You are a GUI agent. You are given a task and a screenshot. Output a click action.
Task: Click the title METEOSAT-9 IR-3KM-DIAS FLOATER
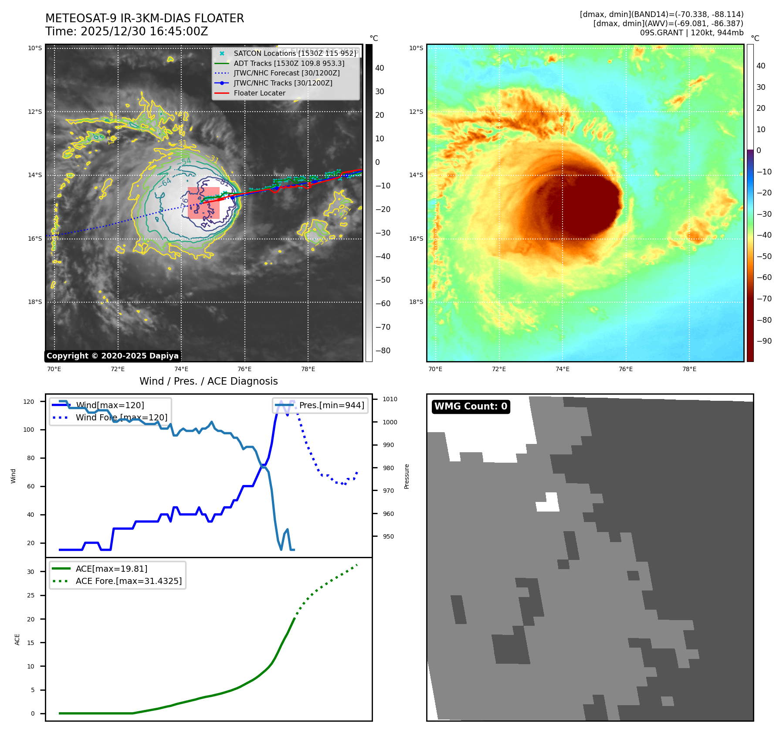[145, 18]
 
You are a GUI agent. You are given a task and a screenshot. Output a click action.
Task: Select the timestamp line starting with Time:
[127, 31]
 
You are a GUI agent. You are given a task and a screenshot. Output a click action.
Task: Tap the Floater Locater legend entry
[259, 93]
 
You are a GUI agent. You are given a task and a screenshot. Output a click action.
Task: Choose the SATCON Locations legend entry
[295, 53]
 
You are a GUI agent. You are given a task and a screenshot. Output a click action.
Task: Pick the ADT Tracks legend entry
[289, 63]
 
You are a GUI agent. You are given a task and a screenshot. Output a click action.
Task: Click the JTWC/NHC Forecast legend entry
[286, 73]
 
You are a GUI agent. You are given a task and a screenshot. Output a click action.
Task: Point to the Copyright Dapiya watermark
[112, 356]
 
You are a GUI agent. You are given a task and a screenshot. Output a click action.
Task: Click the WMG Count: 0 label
[471, 406]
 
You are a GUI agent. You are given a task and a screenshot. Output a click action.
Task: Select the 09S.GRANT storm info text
[691, 33]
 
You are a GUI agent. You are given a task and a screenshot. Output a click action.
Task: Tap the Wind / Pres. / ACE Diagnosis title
[208, 381]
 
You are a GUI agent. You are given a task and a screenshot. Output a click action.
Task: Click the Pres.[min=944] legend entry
[331, 405]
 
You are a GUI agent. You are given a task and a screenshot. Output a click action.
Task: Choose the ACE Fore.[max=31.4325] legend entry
[129, 581]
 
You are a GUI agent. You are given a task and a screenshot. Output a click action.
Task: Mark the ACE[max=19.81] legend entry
[112, 569]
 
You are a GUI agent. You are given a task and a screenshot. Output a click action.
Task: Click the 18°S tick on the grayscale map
[35, 302]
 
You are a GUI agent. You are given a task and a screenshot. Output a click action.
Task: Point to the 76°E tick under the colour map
[626, 369]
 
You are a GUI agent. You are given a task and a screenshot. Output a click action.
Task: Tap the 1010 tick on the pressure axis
[390, 399]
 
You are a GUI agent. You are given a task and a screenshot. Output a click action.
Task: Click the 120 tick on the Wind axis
[29, 402]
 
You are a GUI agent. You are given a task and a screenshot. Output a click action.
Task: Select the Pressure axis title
[407, 476]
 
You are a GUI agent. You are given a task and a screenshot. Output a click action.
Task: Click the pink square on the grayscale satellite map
[203, 203]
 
